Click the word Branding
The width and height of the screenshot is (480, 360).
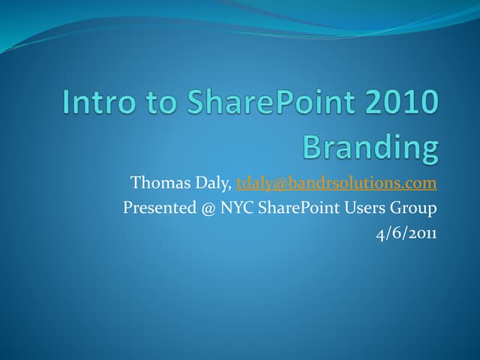(370, 147)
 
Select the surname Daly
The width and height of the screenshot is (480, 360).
(214, 184)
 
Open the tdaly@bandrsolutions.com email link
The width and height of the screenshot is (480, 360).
(336, 184)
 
